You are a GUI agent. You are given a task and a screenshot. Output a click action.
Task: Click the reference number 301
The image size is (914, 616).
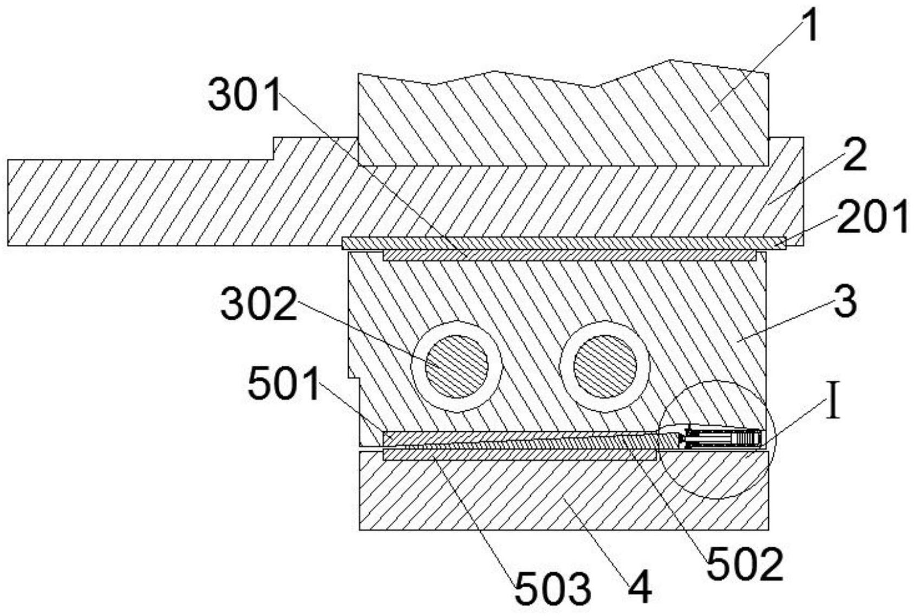(x=244, y=95)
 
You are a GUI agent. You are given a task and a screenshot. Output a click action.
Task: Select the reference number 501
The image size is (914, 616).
(x=284, y=382)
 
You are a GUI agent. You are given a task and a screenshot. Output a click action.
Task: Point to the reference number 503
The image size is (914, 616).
(x=552, y=589)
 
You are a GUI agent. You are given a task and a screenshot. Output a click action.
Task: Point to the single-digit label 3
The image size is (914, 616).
(x=845, y=302)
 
